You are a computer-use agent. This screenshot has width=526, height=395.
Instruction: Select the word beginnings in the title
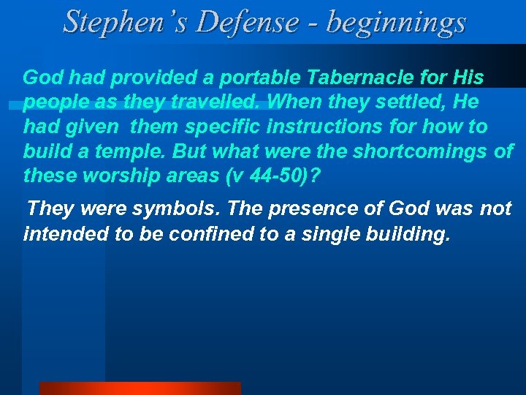396,22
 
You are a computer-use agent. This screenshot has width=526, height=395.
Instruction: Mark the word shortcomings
424,152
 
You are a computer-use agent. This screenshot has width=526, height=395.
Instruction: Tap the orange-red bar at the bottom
140,388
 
